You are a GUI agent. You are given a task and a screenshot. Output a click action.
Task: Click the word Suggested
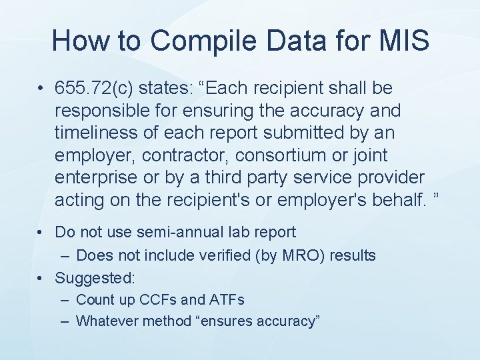click(94, 277)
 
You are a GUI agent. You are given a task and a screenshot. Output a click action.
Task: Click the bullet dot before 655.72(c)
click(41, 89)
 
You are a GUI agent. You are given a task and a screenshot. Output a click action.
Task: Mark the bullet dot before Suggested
click(41, 277)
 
